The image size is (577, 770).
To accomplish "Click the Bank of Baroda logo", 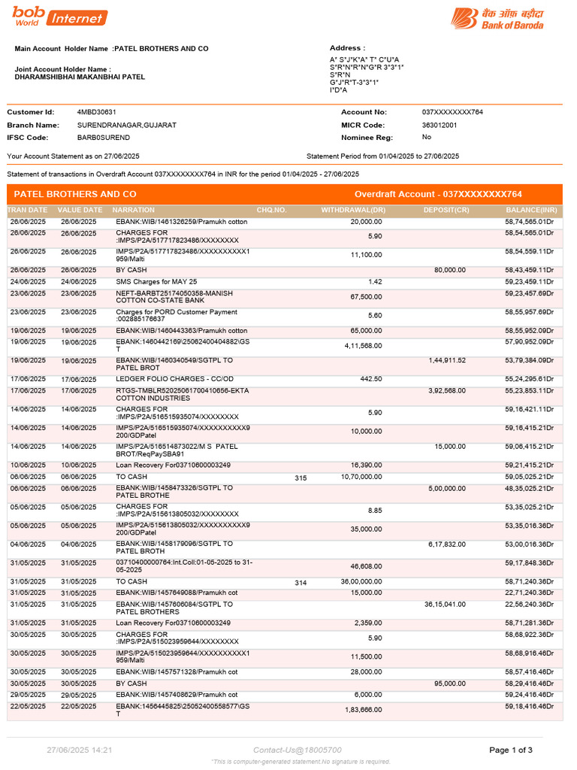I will (497, 19).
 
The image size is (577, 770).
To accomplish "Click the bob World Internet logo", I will (59, 16).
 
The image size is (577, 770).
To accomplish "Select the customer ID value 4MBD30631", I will (97, 112).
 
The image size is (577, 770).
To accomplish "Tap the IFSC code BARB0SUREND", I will (104, 138).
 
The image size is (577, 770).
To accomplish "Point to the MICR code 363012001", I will (440, 125).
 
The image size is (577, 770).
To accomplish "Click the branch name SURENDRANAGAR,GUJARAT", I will (127, 125).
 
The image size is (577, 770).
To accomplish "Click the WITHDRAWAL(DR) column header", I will (353, 211).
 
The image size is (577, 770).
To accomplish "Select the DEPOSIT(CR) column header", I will (446, 211).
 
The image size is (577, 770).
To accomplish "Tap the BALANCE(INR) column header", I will (531, 211).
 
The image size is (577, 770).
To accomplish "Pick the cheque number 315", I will (301, 477).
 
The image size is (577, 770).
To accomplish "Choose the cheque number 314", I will (301, 582).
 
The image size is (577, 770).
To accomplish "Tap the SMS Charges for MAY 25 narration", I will (156, 282).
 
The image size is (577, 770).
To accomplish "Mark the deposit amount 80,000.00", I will (450, 270).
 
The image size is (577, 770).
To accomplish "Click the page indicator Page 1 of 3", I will (511, 750).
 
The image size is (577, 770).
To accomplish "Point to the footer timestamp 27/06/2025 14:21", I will (80, 750).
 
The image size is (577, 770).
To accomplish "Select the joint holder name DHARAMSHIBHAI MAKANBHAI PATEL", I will (80, 77).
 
